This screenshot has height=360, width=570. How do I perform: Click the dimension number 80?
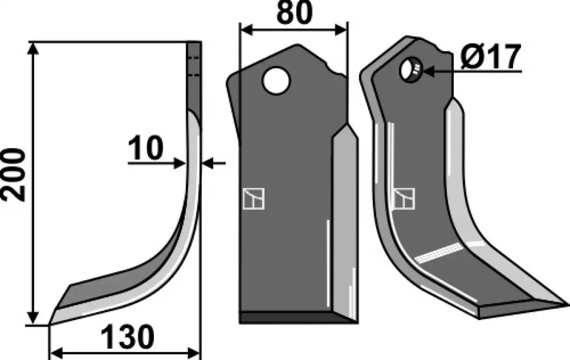click(294, 13)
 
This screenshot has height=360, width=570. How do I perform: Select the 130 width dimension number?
click(127, 337)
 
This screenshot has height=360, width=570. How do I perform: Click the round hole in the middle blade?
click(276, 81)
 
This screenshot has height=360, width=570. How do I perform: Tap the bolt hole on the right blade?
click(411, 69)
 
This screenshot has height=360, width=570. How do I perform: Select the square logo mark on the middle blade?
click(254, 199)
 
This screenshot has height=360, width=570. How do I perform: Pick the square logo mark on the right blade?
click(405, 199)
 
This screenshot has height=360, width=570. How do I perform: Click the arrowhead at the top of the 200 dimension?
click(33, 49)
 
